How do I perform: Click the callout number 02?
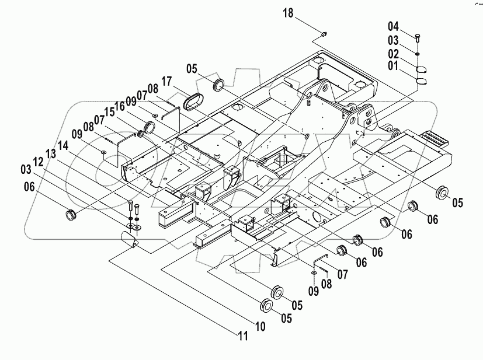394,54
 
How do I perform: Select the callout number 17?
166,80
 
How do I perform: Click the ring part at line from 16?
149,127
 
